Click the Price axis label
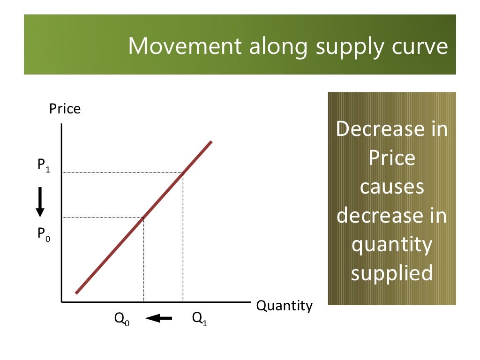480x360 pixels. coord(65,109)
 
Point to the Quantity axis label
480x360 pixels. coord(284,306)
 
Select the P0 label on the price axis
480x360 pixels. coord(44,234)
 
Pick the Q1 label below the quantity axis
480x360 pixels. coord(199,319)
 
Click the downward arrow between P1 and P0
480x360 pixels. coord(40,202)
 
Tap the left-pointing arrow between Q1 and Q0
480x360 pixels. coord(159,319)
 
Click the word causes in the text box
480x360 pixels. coord(392,187)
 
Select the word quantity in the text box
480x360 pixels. coord(392,245)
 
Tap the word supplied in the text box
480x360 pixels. coord(392,273)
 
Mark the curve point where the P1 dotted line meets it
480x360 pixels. coord(183,172)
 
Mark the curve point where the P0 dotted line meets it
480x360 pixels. coord(143,217)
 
